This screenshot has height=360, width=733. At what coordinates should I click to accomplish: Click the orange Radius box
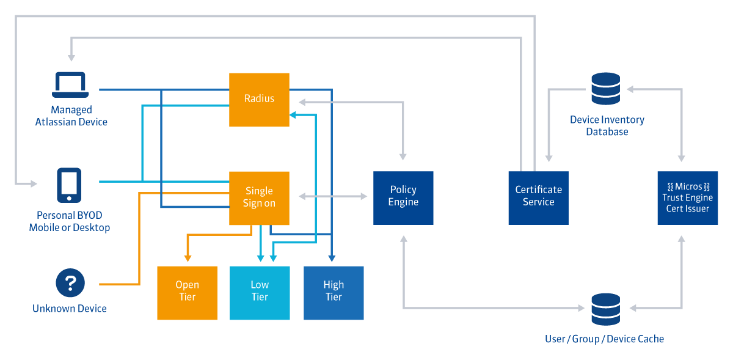click(259, 100)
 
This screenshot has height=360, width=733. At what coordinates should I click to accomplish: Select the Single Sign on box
click(259, 198)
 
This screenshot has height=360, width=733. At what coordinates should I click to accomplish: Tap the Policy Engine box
click(403, 197)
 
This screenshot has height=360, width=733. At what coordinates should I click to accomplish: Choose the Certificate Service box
click(538, 197)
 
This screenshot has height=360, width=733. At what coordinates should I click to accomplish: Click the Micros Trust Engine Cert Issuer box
click(687, 197)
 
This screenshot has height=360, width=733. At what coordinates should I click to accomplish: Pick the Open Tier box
click(187, 293)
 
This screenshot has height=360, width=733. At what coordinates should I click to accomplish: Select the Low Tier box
click(260, 293)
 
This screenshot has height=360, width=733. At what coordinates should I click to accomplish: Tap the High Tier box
click(334, 293)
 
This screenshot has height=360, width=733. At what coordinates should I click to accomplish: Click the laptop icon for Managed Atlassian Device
click(71, 85)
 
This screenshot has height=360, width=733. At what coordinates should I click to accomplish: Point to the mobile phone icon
click(69, 185)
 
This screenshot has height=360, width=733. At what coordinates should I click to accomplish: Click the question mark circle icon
click(70, 283)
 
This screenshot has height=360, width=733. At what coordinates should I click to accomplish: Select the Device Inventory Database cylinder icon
click(606, 89)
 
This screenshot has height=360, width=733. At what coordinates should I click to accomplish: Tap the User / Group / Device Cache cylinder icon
click(606, 309)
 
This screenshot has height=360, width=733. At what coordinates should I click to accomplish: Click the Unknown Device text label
click(70, 309)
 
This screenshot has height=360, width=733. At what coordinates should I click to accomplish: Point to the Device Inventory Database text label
click(607, 126)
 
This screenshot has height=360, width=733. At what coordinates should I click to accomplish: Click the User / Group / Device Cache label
click(604, 339)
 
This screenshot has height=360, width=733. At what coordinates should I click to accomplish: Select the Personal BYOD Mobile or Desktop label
click(70, 221)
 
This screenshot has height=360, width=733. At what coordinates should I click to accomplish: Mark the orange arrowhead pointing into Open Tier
click(188, 259)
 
